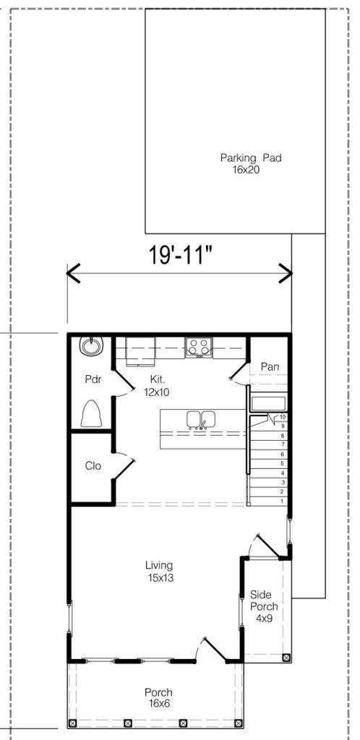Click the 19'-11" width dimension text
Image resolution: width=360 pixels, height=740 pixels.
coord(180,255)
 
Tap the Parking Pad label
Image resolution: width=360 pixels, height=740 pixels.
coord(251,163)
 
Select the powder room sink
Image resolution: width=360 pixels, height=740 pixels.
coord(90,346)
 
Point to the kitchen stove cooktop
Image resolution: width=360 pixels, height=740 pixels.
coord(199,348)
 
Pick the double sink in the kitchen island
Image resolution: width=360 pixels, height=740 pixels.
coord(202,420)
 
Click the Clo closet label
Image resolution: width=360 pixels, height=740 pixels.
coord(93,466)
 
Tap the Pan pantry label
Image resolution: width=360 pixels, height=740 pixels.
coord(270,366)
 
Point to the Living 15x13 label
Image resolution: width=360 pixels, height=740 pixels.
coord(159,571)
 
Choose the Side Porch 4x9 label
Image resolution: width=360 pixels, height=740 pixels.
coord(264,606)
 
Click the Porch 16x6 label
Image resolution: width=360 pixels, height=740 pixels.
coord(158,698)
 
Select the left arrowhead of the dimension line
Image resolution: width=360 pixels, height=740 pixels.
coord(73,273)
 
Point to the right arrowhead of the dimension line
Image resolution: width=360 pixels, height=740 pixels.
coord(286,273)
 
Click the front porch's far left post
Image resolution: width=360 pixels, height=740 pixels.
coord(72,723)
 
